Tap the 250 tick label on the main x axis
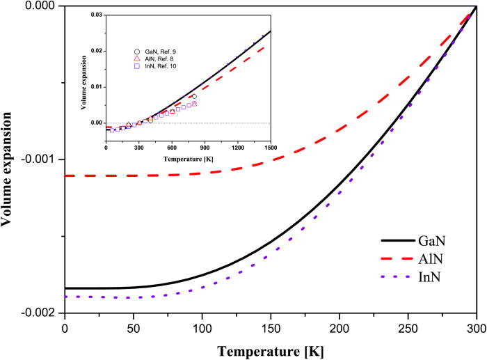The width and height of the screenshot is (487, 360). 408,328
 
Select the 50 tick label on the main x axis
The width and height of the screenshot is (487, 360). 133,328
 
